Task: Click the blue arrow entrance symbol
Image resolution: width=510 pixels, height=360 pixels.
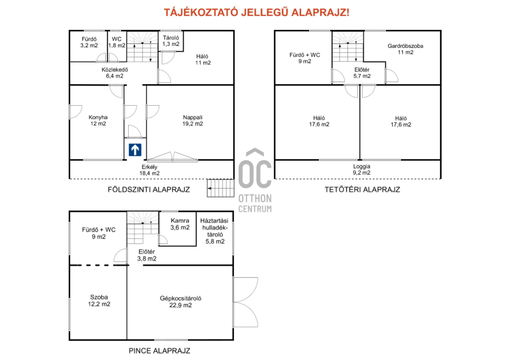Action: click(x=135, y=150)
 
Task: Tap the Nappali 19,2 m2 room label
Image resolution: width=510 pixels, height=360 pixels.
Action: click(x=193, y=120)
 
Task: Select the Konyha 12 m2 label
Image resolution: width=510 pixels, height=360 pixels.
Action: click(x=98, y=120)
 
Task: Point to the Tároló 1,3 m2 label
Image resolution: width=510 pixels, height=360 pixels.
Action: click(x=171, y=41)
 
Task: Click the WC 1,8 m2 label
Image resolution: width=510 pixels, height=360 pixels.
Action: click(x=117, y=42)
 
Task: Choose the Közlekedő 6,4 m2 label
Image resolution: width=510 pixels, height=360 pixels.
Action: click(x=115, y=73)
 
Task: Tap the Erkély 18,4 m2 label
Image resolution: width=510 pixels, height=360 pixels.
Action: click(x=150, y=170)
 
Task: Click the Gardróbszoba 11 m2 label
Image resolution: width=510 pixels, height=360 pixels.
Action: click(x=405, y=49)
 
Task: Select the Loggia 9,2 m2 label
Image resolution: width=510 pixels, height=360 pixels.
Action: click(x=361, y=169)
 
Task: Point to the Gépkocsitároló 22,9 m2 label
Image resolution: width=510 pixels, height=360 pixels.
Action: click(x=180, y=302)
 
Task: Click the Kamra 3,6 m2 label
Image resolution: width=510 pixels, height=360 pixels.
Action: click(x=180, y=224)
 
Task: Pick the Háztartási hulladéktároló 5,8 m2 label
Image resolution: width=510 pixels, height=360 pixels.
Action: click(x=215, y=231)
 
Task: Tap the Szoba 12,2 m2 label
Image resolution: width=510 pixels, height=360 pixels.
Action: click(x=99, y=301)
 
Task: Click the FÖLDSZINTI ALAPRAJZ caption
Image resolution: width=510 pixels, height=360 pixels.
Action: click(x=149, y=190)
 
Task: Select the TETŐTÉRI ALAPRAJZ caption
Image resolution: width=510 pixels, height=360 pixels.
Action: click(x=362, y=190)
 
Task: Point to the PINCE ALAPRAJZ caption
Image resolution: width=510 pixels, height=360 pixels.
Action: click(x=159, y=351)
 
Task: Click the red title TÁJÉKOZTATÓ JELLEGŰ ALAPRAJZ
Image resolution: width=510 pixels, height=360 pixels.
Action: click(x=256, y=13)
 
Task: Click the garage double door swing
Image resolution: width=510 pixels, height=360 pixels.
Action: click(x=246, y=302)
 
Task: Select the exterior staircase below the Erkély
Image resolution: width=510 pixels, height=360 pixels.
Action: click(x=221, y=188)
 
